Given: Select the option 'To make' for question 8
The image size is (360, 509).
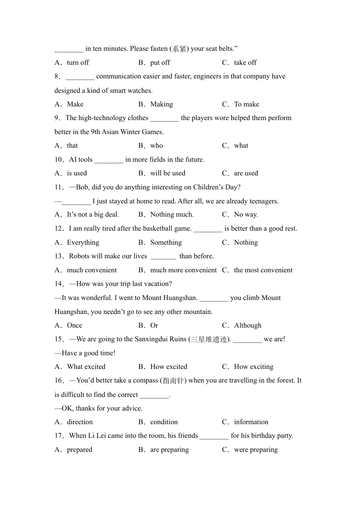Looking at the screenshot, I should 246,104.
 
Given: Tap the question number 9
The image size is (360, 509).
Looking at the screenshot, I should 57,118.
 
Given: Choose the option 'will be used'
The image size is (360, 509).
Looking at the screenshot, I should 167,173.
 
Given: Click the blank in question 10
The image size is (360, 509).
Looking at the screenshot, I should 109,160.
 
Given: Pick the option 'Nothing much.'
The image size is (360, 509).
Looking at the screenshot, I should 172,214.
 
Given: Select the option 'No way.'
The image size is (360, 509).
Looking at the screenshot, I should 246,214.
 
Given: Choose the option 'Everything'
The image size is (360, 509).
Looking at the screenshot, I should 83,242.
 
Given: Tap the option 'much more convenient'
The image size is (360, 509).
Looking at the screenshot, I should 183,270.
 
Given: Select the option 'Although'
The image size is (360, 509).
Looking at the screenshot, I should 247,325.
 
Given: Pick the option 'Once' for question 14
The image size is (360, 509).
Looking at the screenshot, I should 74,325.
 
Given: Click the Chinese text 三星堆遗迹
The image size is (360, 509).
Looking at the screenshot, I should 209,339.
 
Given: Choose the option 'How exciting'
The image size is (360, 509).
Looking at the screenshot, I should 254,367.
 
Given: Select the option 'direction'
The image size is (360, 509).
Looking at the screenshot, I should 80,422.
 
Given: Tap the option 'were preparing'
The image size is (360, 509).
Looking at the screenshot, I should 256,450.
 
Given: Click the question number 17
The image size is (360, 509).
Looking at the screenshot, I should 59,436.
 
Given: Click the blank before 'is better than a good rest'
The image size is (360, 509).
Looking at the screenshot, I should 208,229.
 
